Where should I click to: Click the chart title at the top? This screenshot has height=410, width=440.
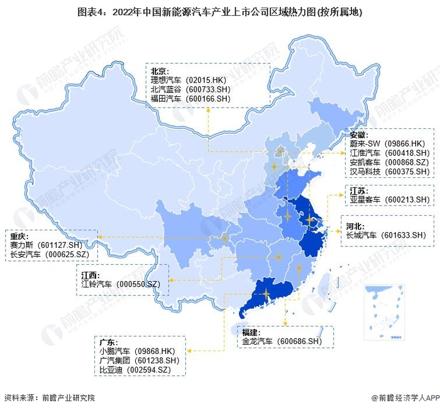(x=220, y=11)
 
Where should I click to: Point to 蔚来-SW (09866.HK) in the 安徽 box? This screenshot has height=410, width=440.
(x=389, y=144)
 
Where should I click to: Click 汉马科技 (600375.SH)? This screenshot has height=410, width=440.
(x=389, y=172)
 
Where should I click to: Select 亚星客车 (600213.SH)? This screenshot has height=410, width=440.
(x=389, y=199)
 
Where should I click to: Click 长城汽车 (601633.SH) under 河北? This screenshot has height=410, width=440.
(x=386, y=235)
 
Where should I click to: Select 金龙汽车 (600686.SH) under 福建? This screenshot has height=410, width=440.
(x=281, y=341)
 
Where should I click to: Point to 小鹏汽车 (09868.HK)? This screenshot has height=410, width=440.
(x=139, y=350)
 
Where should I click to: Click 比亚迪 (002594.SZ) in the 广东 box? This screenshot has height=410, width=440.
(x=135, y=370)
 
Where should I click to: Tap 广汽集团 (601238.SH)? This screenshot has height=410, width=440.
(x=139, y=360)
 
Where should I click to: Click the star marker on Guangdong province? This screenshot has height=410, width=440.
(x=267, y=293)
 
